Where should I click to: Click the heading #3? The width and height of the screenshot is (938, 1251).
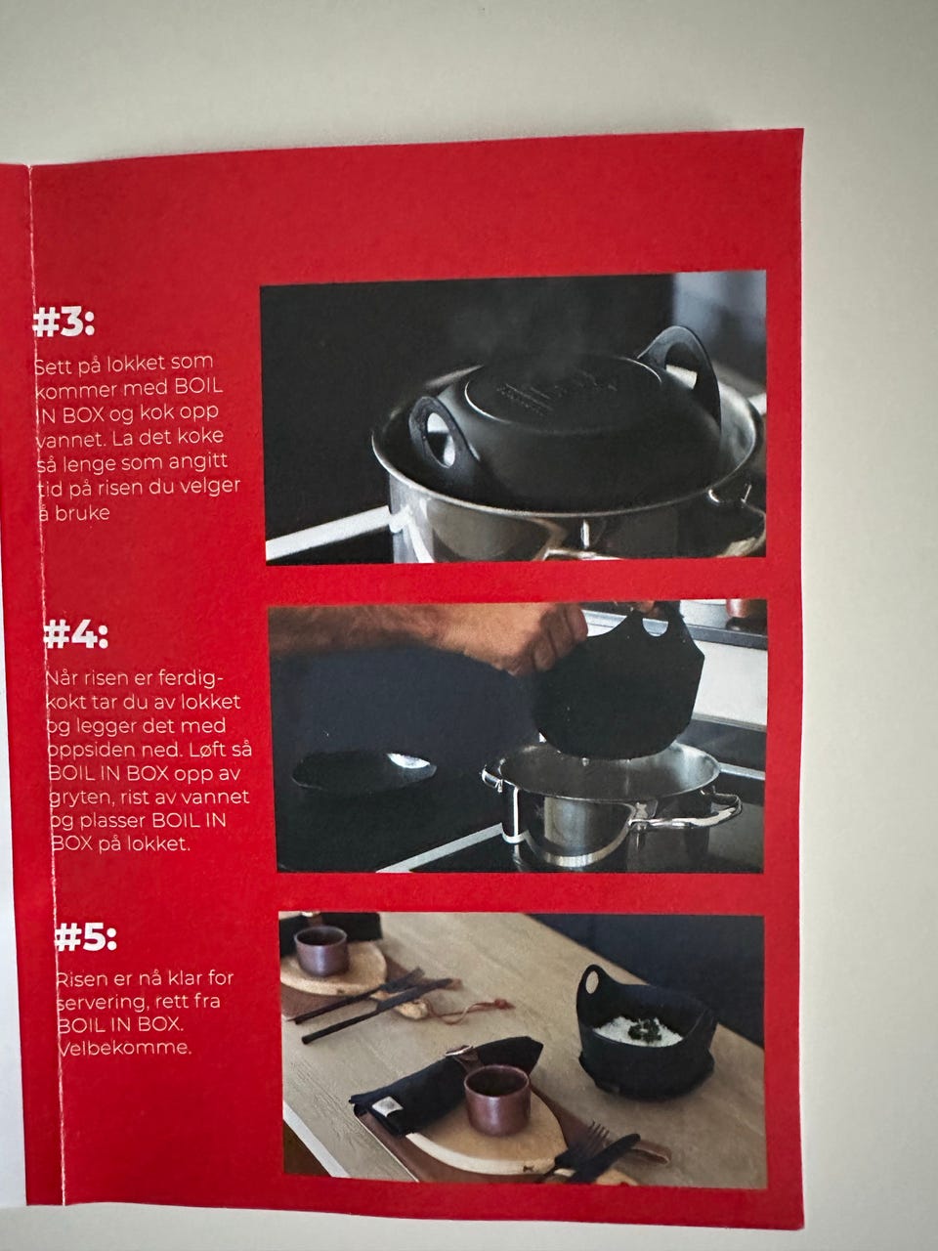(x=64, y=324)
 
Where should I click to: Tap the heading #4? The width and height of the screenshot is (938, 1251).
(x=76, y=635)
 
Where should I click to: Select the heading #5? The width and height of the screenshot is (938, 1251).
(x=85, y=937)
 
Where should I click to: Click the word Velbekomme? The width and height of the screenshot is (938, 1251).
(x=125, y=1048)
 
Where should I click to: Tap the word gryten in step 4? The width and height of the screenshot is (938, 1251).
(x=82, y=798)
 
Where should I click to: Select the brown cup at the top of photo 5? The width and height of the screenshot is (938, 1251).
(x=320, y=950)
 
